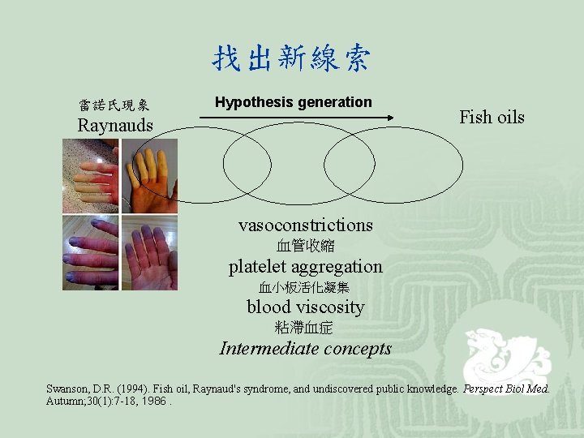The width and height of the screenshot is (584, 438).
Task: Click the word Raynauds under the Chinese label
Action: click(114, 126)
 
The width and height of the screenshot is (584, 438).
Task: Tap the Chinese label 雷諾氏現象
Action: click(114, 105)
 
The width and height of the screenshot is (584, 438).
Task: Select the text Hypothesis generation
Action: click(293, 102)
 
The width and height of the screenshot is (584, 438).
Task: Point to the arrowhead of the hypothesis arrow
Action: click(389, 118)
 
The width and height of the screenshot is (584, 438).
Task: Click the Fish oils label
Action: click(492, 117)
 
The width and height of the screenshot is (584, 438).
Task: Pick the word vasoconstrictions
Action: click(305, 225)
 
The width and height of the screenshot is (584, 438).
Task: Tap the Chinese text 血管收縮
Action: click(305, 245)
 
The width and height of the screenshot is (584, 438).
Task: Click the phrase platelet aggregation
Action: click(305, 266)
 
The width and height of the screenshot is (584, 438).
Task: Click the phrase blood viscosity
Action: click(305, 307)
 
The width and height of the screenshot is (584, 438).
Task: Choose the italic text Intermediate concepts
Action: click(305, 349)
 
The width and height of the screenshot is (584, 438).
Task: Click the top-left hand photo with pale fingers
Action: click(90, 176)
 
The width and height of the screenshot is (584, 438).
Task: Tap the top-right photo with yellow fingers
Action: click(149, 176)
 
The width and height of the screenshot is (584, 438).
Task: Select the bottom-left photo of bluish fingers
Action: click(90, 252)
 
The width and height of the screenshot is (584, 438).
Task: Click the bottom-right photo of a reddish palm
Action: click(149, 252)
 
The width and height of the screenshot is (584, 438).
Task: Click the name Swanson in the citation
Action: click(67, 389)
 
